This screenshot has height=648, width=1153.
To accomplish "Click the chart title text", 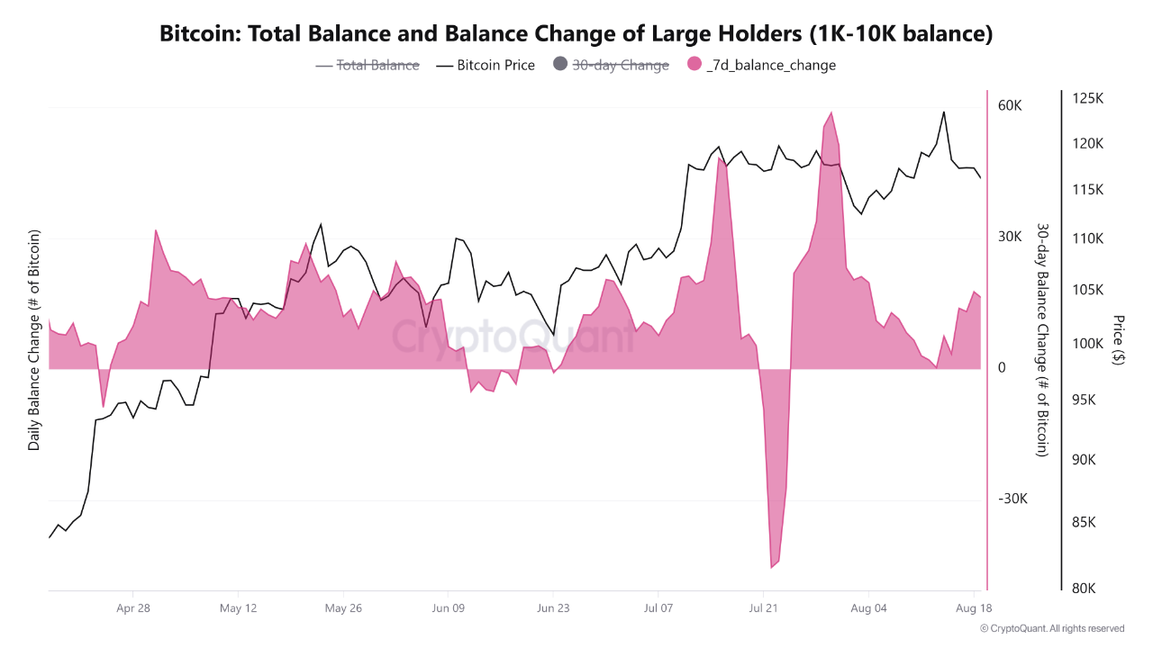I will [x=576, y=34].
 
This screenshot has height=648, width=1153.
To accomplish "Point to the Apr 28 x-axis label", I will [x=132, y=608].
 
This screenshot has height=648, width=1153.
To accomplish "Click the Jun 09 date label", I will [x=448, y=608].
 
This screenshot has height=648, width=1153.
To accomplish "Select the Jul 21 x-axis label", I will [x=763, y=608].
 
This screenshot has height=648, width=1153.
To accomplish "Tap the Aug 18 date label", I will [x=974, y=608].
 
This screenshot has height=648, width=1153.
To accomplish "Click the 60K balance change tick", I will [x=1010, y=105].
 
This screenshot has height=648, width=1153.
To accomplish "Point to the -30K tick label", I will [x=1012, y=499].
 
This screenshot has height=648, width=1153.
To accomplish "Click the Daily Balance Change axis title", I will [x=34, y=340].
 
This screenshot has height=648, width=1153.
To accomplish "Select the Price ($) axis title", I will [x=1119, y=339].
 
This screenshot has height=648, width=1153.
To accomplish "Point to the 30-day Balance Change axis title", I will [x=1042, y=340].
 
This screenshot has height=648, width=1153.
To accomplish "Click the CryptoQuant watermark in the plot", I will [x=514, y=337].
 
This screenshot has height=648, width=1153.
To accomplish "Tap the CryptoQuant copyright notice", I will [x=1052, y=628].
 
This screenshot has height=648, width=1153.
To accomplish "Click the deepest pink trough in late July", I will [x=773, y=566].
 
